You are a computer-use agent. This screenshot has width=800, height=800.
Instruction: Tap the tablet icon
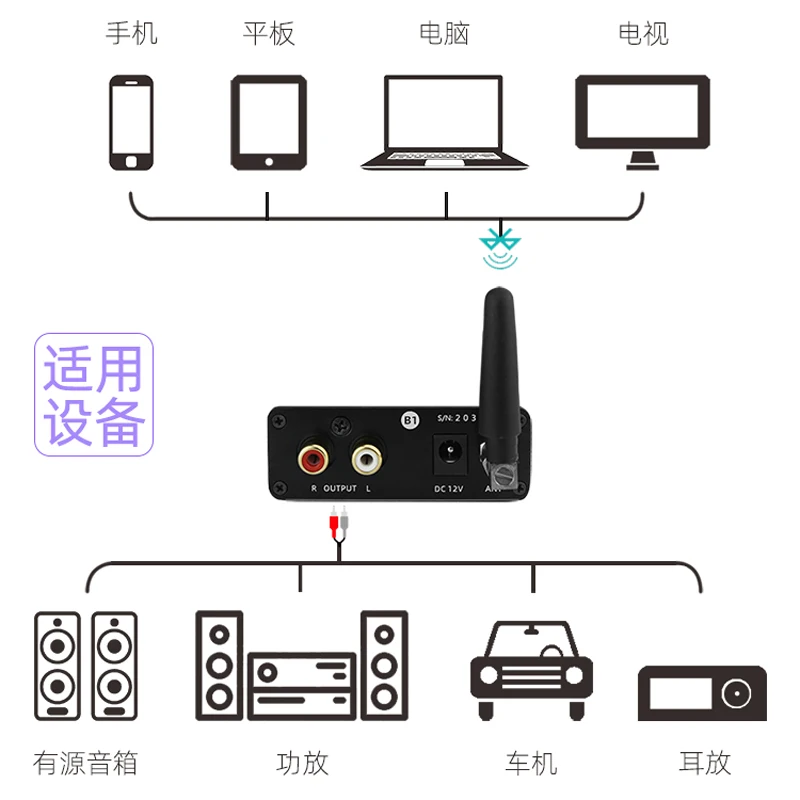(267, 122)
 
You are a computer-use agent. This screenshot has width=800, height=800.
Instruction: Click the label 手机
(132, 33)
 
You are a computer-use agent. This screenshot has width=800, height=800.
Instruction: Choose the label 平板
(268, 33)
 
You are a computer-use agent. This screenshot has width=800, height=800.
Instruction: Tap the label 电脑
(444, 33)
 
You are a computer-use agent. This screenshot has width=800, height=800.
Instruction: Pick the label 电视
(643, 33)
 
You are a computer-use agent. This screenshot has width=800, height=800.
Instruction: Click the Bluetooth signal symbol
(499, 249)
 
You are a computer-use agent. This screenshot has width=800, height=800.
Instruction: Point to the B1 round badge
(409, 421)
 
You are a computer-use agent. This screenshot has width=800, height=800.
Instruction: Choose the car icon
(531, 668)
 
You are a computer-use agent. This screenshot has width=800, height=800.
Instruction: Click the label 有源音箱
(85, 763)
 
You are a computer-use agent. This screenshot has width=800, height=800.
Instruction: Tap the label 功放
(302, 763)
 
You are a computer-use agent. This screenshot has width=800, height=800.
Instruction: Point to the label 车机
(531, 763)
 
